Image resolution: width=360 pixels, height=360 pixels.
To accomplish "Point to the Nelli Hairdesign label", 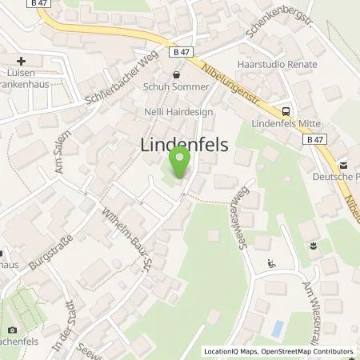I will click(178, 113).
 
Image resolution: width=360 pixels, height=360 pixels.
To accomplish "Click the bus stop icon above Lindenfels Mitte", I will click(285, 111).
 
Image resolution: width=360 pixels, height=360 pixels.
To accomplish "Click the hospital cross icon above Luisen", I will click(21, 61).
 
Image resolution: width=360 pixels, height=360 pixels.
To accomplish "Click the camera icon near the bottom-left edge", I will click(11, 330).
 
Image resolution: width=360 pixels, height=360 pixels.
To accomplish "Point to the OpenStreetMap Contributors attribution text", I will click(306, 350).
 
